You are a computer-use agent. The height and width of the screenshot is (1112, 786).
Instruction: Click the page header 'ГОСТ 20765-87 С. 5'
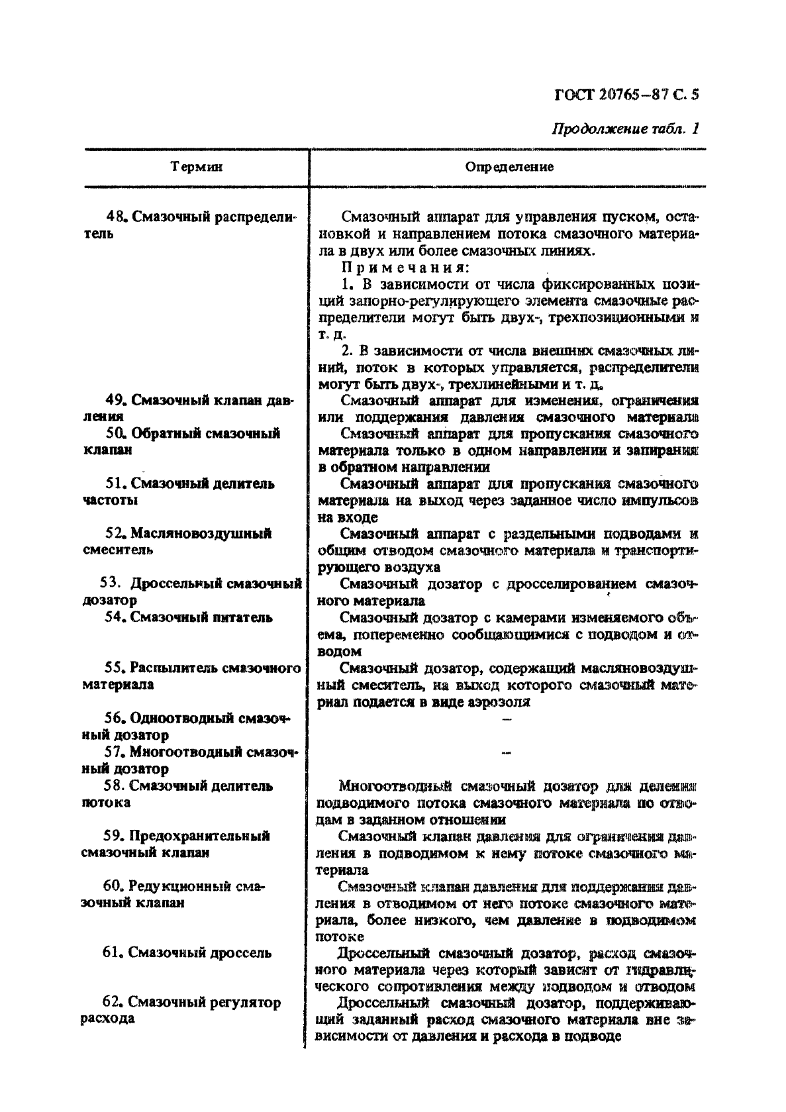tap(625, 94)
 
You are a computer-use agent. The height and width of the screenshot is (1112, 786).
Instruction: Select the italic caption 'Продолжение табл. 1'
tap(625, 129)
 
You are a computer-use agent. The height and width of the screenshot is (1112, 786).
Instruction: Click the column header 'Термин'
tap(196, 167)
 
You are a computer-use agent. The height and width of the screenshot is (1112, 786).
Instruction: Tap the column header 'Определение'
tap(509, 167)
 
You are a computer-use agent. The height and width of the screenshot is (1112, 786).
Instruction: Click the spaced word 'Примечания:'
tap(405, 268)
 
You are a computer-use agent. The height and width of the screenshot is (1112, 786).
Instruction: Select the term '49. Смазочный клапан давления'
tap(189, 408)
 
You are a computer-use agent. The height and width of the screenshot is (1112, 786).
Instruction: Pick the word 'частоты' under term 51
tap(111, 500)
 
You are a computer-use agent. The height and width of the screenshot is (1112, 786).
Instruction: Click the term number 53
tap(109, 583)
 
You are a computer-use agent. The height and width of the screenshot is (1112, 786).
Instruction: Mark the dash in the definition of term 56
tap(507, 719)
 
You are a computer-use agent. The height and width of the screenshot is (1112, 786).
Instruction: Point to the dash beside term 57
tap(507, 752)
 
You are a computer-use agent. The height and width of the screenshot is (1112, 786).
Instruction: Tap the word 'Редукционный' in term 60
tap(173, 886)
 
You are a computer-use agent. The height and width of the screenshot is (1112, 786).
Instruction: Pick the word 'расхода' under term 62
tap(108, 1019)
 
